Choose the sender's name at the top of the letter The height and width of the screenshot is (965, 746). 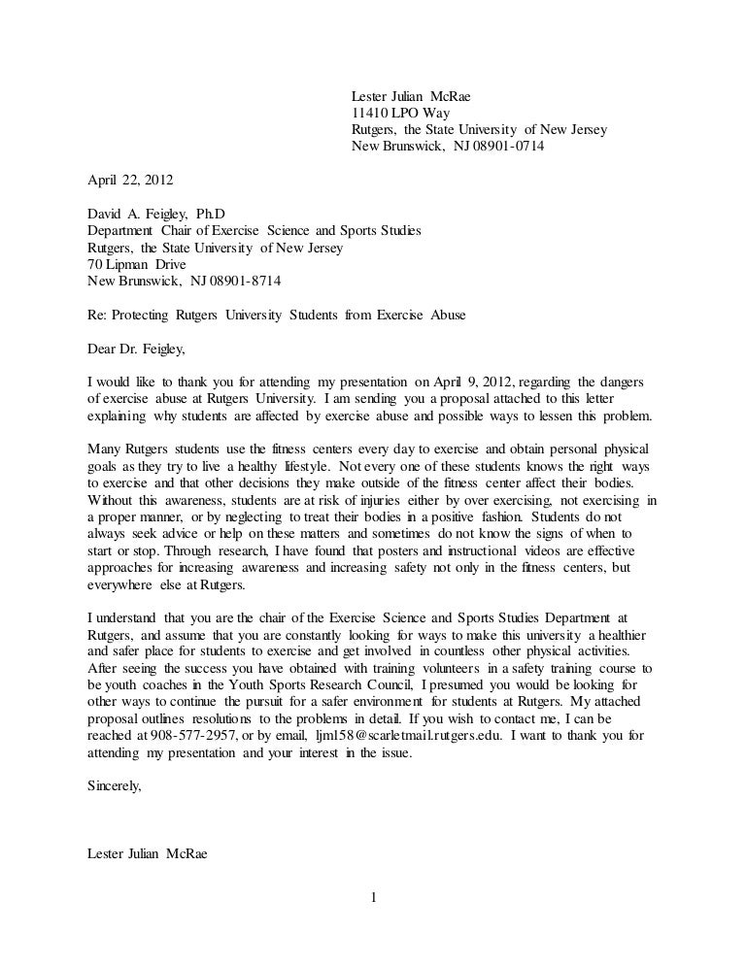pos(415,95)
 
